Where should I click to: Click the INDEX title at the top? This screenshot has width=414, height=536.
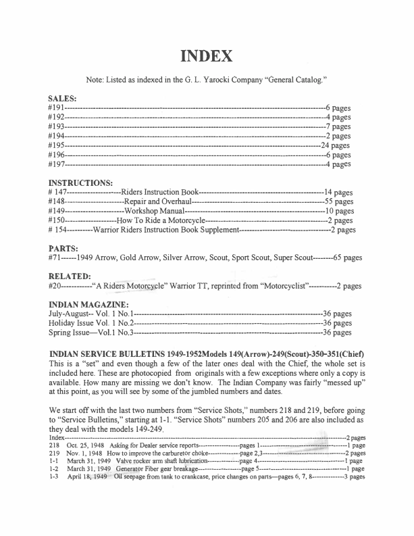click(x=207, y=55)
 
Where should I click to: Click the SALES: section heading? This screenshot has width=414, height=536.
click(x=63, y=97)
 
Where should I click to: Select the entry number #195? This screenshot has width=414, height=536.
click(x=57, y=145)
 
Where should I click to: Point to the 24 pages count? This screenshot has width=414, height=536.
click(x=336, y=145)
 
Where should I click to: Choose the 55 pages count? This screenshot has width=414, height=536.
click(x=339, y=201)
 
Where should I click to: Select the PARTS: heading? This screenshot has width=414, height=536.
click(x=63, y=248)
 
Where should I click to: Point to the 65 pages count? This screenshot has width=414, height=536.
click(x=348, y=258)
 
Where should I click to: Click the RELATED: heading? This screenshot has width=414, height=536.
click(x=70, y=276)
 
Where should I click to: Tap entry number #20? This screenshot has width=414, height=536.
click(x=55, y=286)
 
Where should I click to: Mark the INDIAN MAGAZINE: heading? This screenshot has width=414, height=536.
click(x=91, y=304)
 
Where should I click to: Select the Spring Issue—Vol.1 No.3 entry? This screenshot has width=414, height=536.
click(x=91, y=333)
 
